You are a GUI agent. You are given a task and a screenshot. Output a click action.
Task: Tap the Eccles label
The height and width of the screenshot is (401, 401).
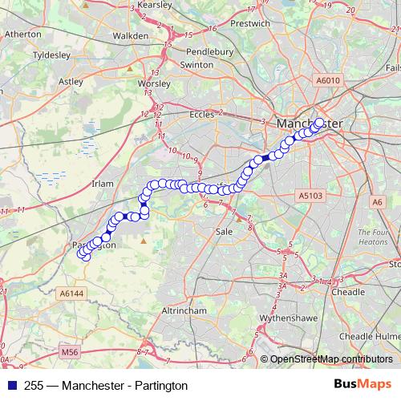click(x=202, y=115)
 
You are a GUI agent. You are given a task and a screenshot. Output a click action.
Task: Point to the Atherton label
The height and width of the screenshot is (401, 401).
click(x=23, y=35)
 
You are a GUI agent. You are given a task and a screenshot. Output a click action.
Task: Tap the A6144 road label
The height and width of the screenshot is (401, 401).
click(x=71, y=294)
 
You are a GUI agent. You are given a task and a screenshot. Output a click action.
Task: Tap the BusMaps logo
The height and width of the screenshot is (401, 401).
click(x=363, y=385)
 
